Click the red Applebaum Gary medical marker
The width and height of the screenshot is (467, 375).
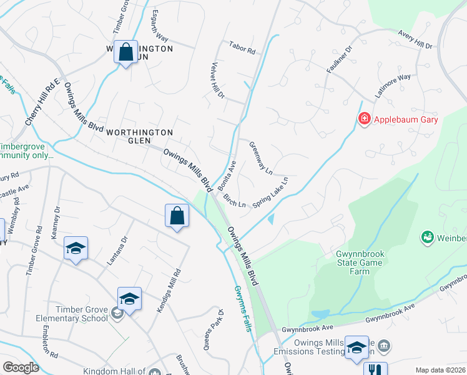(x=364, y=118)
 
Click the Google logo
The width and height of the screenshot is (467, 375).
(x=21, y=367)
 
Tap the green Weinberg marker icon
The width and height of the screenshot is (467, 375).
(x=428, y=237)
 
